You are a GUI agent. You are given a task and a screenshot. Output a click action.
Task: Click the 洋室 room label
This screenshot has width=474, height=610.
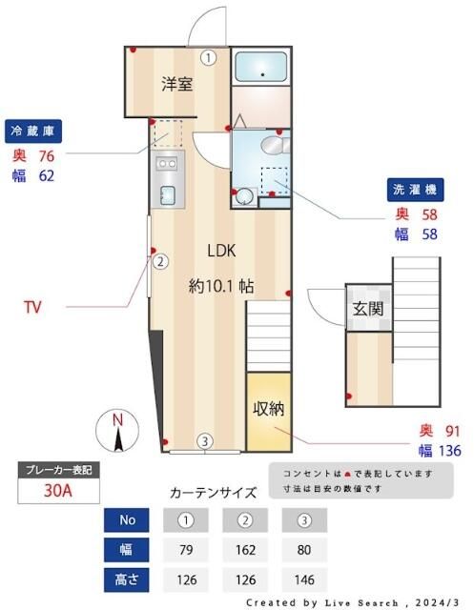[x=176, y=83]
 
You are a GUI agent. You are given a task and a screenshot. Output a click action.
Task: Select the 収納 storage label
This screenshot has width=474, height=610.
[x=268, y=409]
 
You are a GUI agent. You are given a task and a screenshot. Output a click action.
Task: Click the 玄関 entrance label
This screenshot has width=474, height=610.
[x=367, y=308]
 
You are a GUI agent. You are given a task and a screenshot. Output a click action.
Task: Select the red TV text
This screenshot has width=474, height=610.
[x=32, y=307]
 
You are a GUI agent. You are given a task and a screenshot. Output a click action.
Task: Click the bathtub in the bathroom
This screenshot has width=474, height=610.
[x=260, y=67]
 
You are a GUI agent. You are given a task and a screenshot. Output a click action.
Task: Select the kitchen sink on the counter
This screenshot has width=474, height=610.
[x=168, y=195]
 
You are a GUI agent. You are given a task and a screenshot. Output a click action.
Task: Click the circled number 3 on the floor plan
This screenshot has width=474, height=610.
[x=204, y=440]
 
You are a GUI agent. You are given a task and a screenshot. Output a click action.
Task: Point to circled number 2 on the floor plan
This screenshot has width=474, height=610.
[x=161, y=261]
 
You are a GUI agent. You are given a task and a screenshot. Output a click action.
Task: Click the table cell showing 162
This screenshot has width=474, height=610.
[x=245, y=549]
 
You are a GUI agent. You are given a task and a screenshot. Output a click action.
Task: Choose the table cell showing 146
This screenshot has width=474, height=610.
[x=304, y=579]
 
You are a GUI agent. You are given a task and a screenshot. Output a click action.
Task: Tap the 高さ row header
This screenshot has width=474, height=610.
[x=127, y=579]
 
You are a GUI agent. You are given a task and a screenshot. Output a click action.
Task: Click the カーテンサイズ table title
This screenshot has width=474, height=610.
[x=213, y=494]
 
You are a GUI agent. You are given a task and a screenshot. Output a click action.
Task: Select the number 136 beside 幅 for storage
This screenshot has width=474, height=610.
[x=447, y=451]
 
